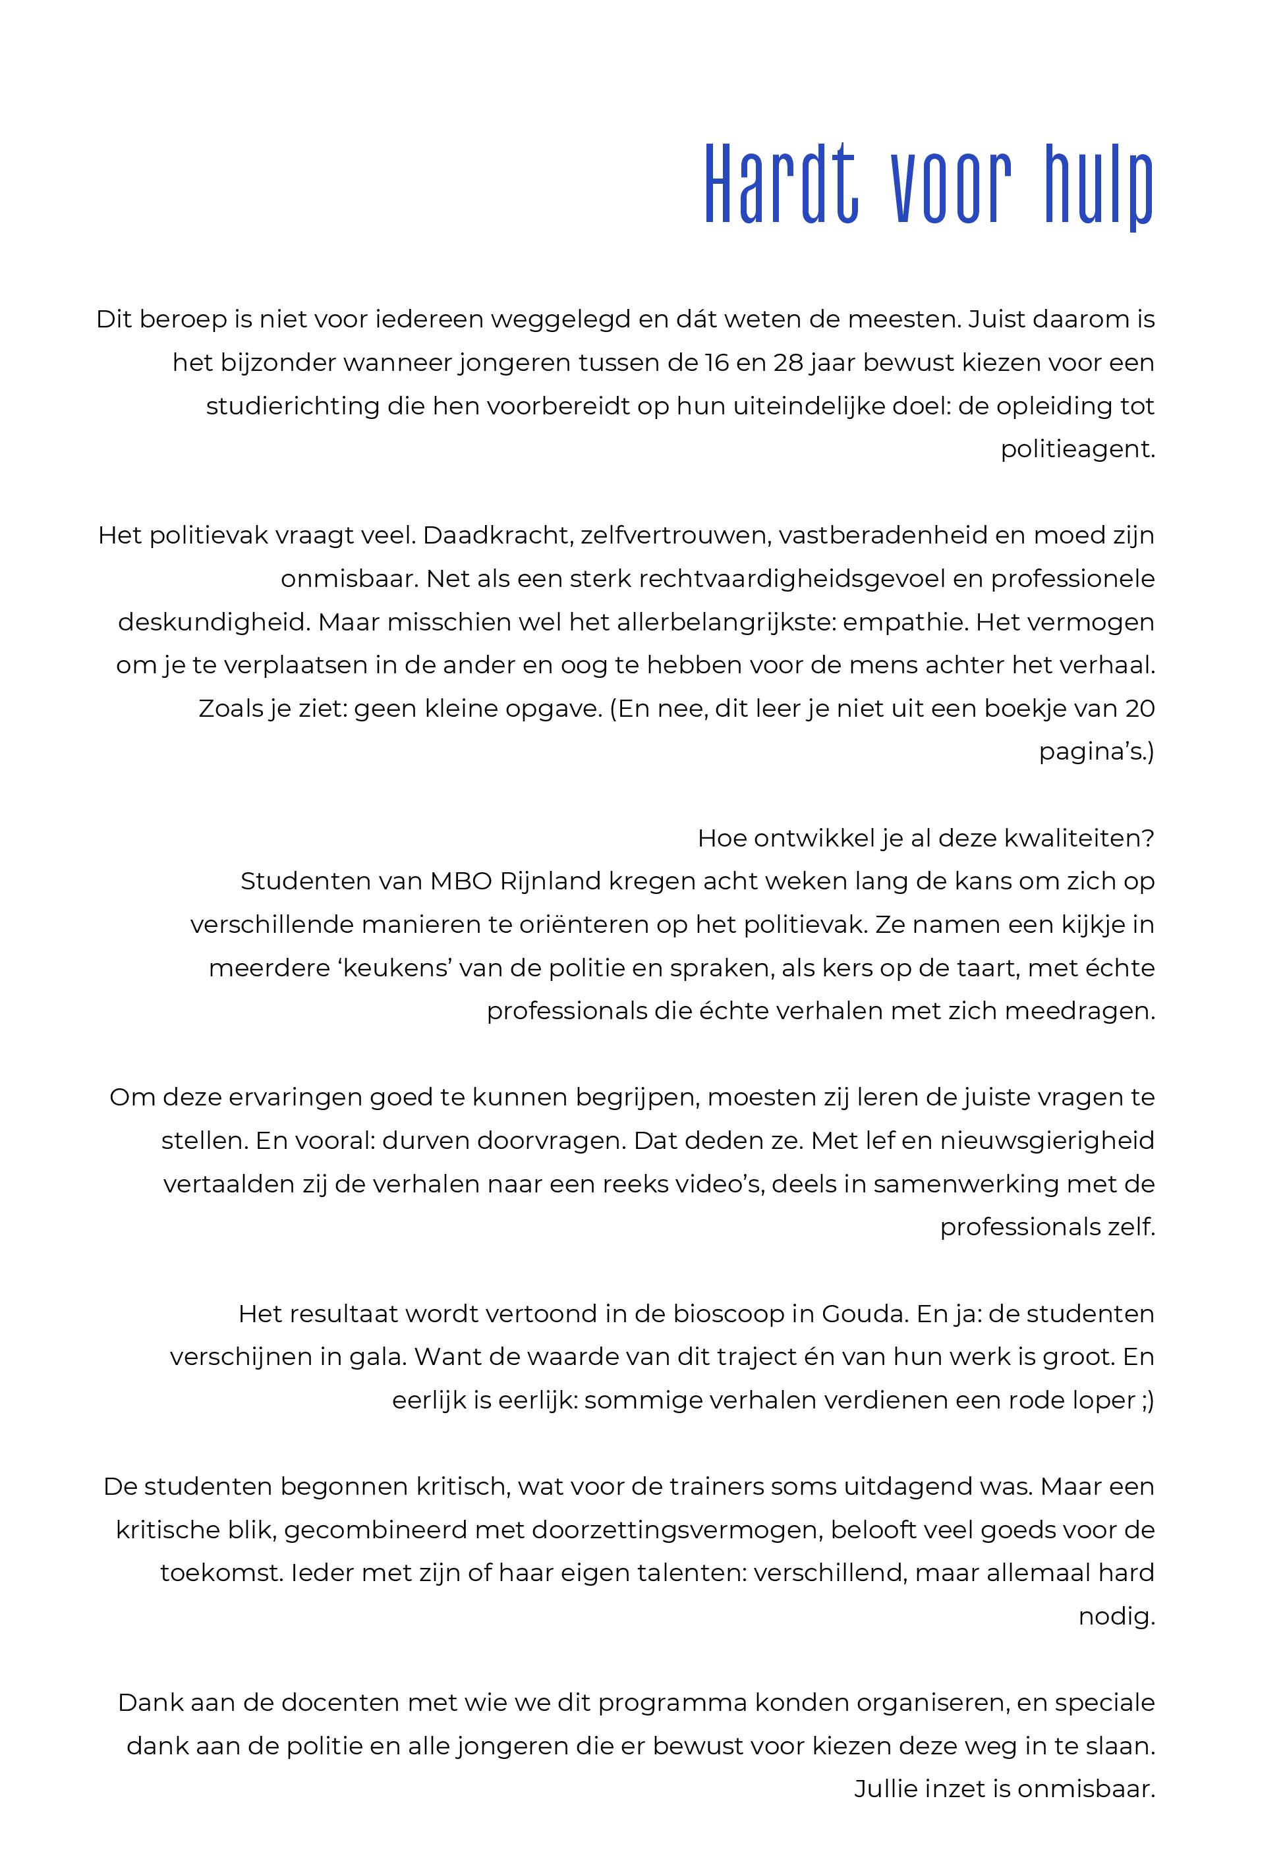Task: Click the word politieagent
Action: pyautogui.click(x=1077, y=450)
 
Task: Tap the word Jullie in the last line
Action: pyautogui.click(x=886, y=1790)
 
